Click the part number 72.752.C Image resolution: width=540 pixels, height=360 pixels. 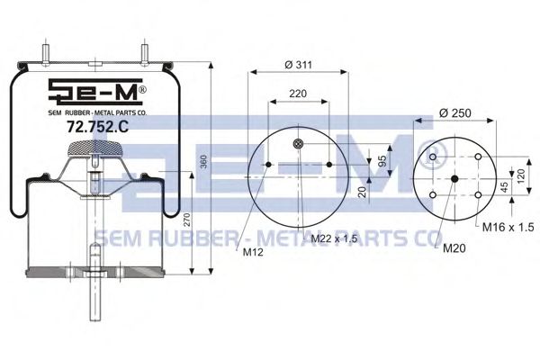tap(97, 127)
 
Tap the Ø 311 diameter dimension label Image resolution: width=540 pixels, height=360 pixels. tap(298, 65)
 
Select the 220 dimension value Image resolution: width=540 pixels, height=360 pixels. tap(298, 94)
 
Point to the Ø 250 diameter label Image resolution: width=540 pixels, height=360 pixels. tap(455, 112)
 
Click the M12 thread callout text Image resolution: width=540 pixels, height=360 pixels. tap(253, 252)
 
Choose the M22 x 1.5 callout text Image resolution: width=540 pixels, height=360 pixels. tap(334, 238)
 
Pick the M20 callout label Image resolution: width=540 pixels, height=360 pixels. tap(454, 248)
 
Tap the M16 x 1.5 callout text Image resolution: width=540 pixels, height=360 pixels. tap(508, 227)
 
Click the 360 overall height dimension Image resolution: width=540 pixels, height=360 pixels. tap(204, 162)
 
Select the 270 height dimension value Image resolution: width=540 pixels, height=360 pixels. tap(186, 220)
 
